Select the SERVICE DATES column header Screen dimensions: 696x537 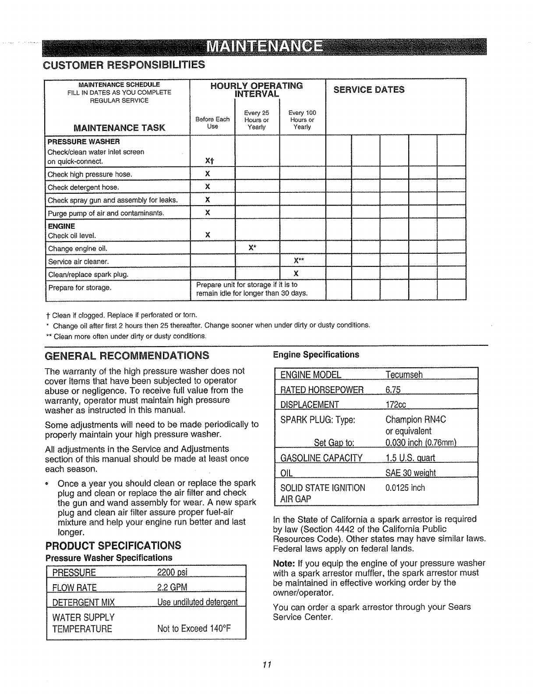(369, 90)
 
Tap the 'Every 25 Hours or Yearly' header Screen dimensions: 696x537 (257, 120)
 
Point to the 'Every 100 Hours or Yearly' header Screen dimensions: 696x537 (302, 120)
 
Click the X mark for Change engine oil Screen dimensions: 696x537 (252, 248)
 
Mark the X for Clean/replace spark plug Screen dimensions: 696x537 (296, 273)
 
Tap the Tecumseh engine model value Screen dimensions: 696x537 (404, 375)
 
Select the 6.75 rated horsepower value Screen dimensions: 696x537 (393, 390)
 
